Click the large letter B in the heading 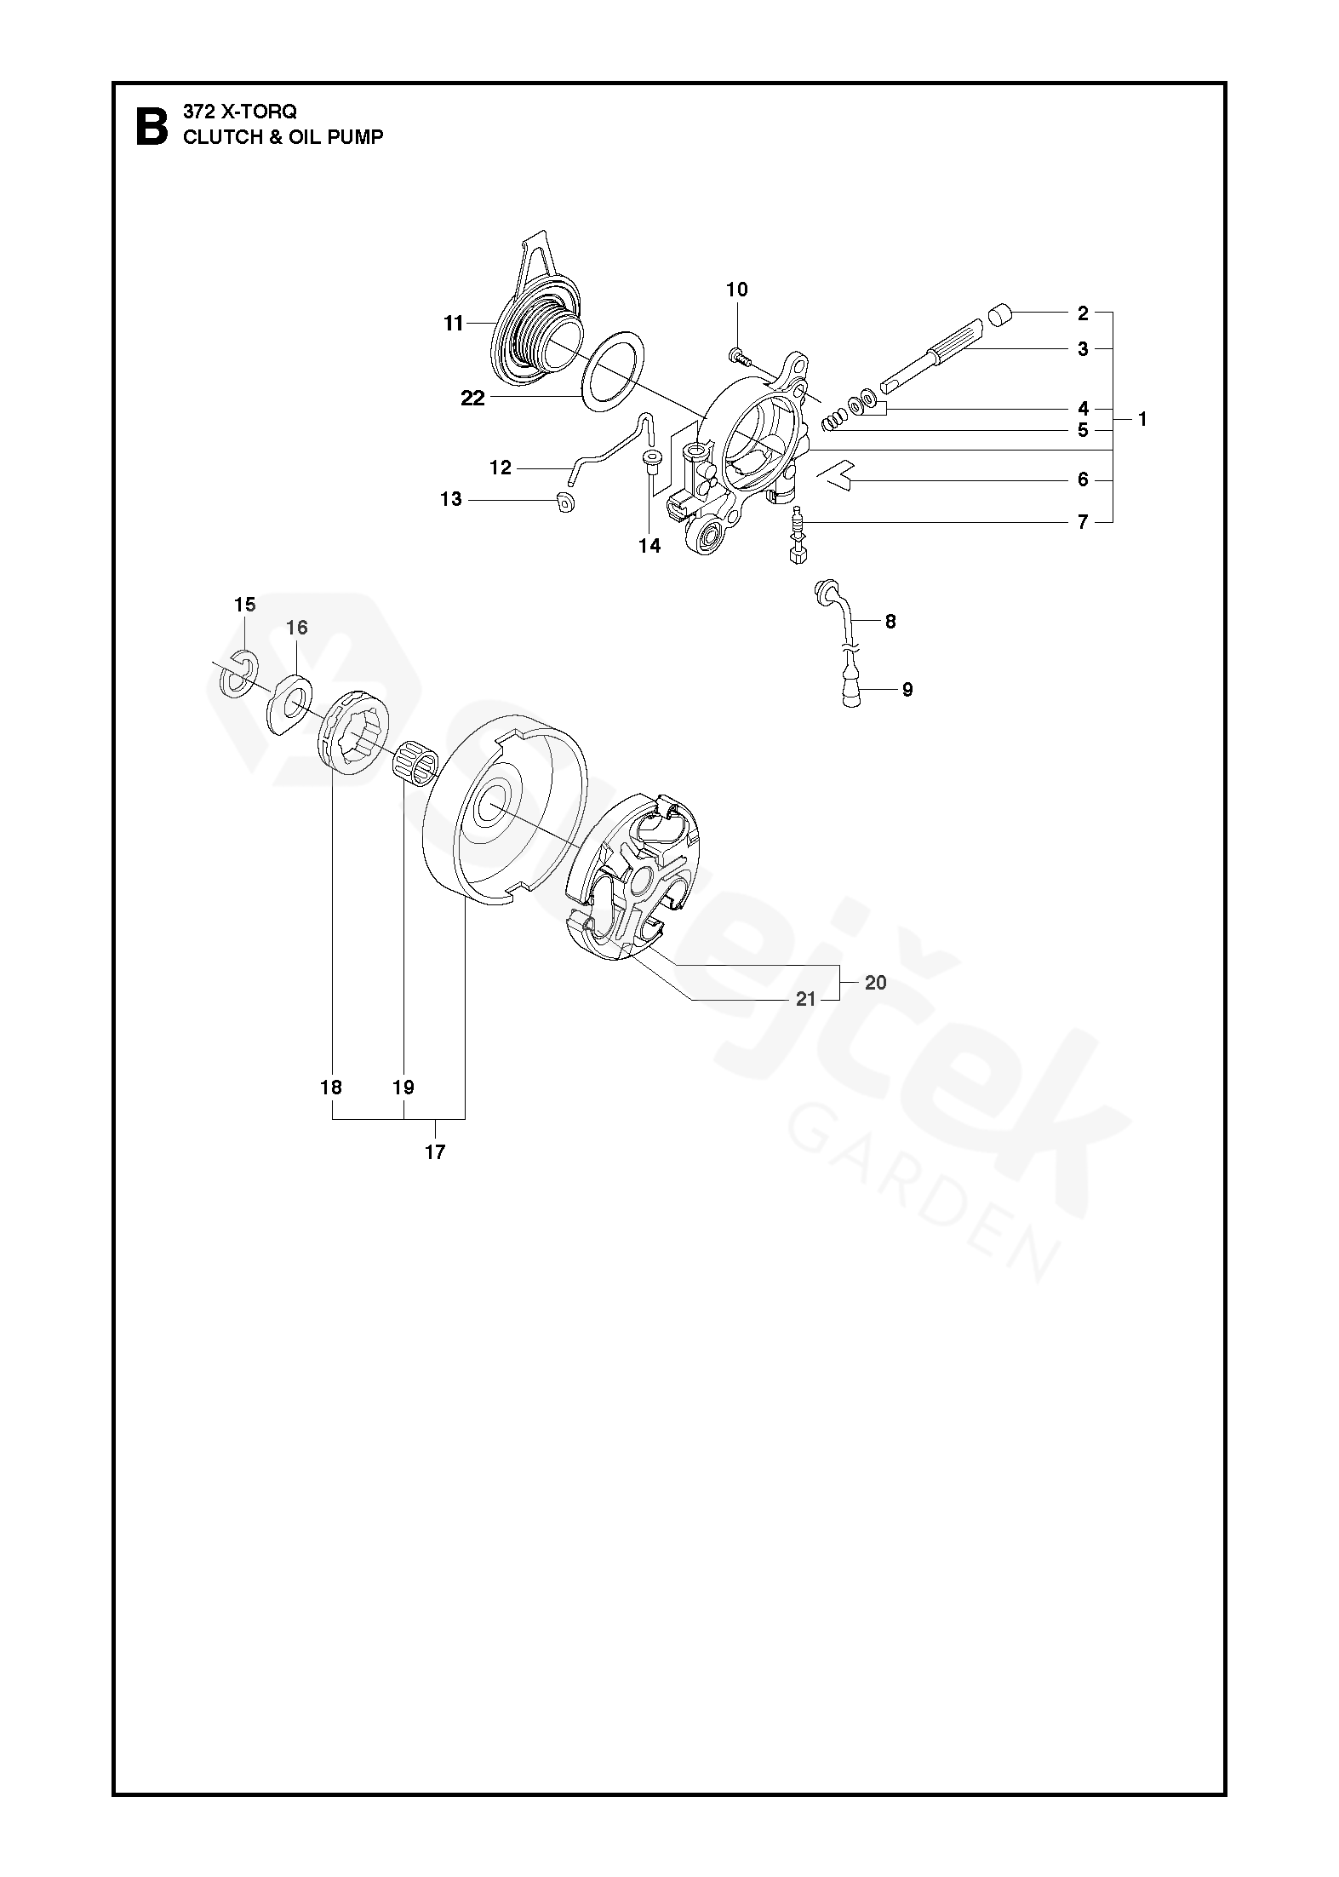tap(152, 125)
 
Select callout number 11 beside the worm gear tap(453, 324)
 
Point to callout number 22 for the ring tap(472, 398)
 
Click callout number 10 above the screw tap(737, 290)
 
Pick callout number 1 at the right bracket tap(1142, 419)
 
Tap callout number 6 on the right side tap(1083, 480)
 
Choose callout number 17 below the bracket tap(435, 1152)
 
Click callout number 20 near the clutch tap(875, 983)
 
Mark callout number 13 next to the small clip tap(451, 499)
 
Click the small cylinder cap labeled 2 tap(1001, 317)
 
